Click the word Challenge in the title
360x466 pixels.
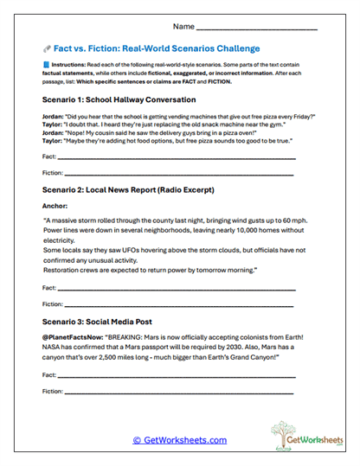coord(233,48)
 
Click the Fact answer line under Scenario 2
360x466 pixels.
coord(177,286)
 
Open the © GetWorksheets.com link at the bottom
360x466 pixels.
coord(180,440)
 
